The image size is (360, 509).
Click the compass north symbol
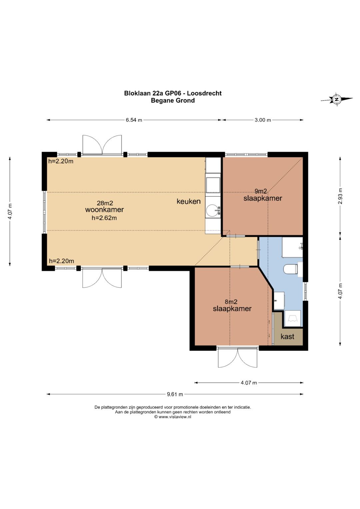click(337, 99)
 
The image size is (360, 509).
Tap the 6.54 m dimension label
click(134, 120)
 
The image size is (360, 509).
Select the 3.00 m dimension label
click(263, 120)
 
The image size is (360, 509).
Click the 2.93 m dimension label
click(340, 196)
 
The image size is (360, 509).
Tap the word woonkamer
click(105, 210)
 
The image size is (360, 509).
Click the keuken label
click(189, 201)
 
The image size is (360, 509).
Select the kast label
click(287, 336)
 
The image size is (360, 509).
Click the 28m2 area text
click(105, 203)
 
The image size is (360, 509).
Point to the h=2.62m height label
click(104, 218)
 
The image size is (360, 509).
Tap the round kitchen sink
click(213, 210)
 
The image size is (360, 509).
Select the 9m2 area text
click(260, 191)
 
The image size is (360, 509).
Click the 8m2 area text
click(231, 302)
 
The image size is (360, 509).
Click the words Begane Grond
click(173, 100)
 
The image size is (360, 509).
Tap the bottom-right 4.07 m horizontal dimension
click(249, 383)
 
